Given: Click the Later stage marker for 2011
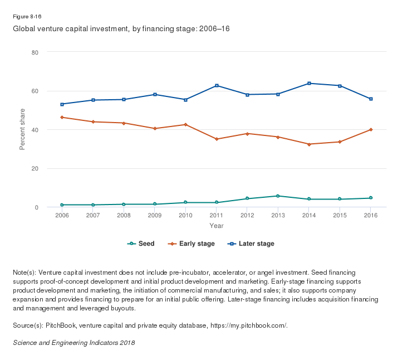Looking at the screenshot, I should point(217,85).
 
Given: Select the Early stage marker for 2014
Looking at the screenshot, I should point(309,144).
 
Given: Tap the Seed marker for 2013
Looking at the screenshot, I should point(278,196).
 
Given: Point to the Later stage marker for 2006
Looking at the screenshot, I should point(62,104).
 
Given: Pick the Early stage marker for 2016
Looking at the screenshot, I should point(371,130).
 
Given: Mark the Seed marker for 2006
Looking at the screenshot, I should point(62,205).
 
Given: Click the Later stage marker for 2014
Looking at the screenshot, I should point(309,84).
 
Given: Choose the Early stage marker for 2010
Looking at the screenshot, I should point(186,124).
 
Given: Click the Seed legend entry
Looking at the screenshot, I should point(141,244).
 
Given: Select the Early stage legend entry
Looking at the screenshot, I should point(193,244).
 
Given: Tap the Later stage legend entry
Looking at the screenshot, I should point(251,244).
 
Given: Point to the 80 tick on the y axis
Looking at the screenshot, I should point(35,52).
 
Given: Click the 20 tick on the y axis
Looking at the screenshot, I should point(35,169).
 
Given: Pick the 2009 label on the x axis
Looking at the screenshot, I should point(155,216).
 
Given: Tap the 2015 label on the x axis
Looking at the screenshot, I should point(340,216).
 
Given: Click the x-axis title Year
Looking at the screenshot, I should point(217,226).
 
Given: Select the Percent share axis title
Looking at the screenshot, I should point(23,129).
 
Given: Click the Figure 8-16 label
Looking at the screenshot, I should point(27,16).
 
